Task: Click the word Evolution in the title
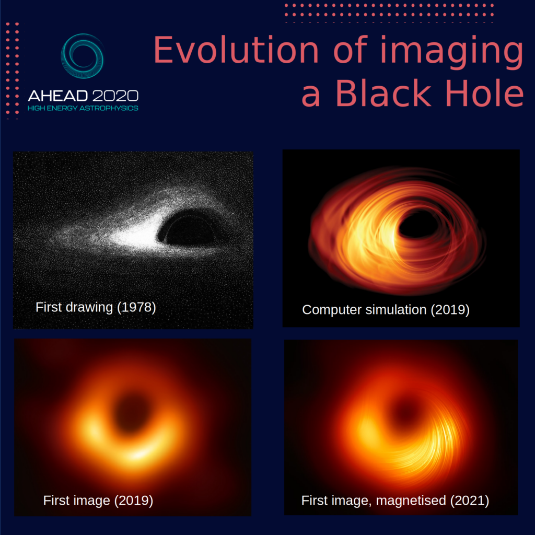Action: [236, 50]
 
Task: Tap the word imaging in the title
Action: [452, 52]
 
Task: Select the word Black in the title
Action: [383, 93]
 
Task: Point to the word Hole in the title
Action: [484, 93]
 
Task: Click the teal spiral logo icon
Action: [82, 56]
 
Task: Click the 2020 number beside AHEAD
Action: [115, 96]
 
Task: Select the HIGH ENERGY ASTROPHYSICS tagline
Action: [83, 108]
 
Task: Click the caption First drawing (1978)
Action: [96, 307]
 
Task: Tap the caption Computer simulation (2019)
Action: [386, 310]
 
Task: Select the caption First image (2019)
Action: [98, 501]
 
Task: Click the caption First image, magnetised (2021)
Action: [395, 501]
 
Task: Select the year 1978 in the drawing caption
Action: [136, 307]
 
